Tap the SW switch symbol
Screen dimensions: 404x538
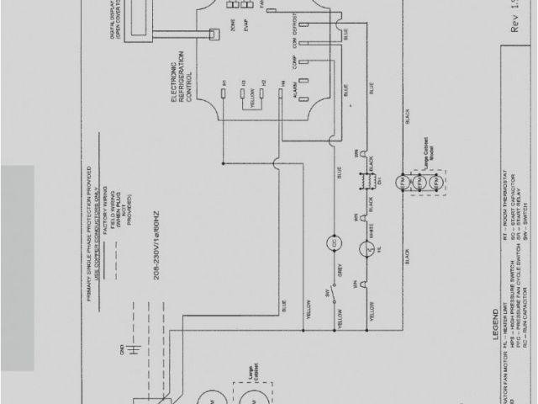pos(334,297)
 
